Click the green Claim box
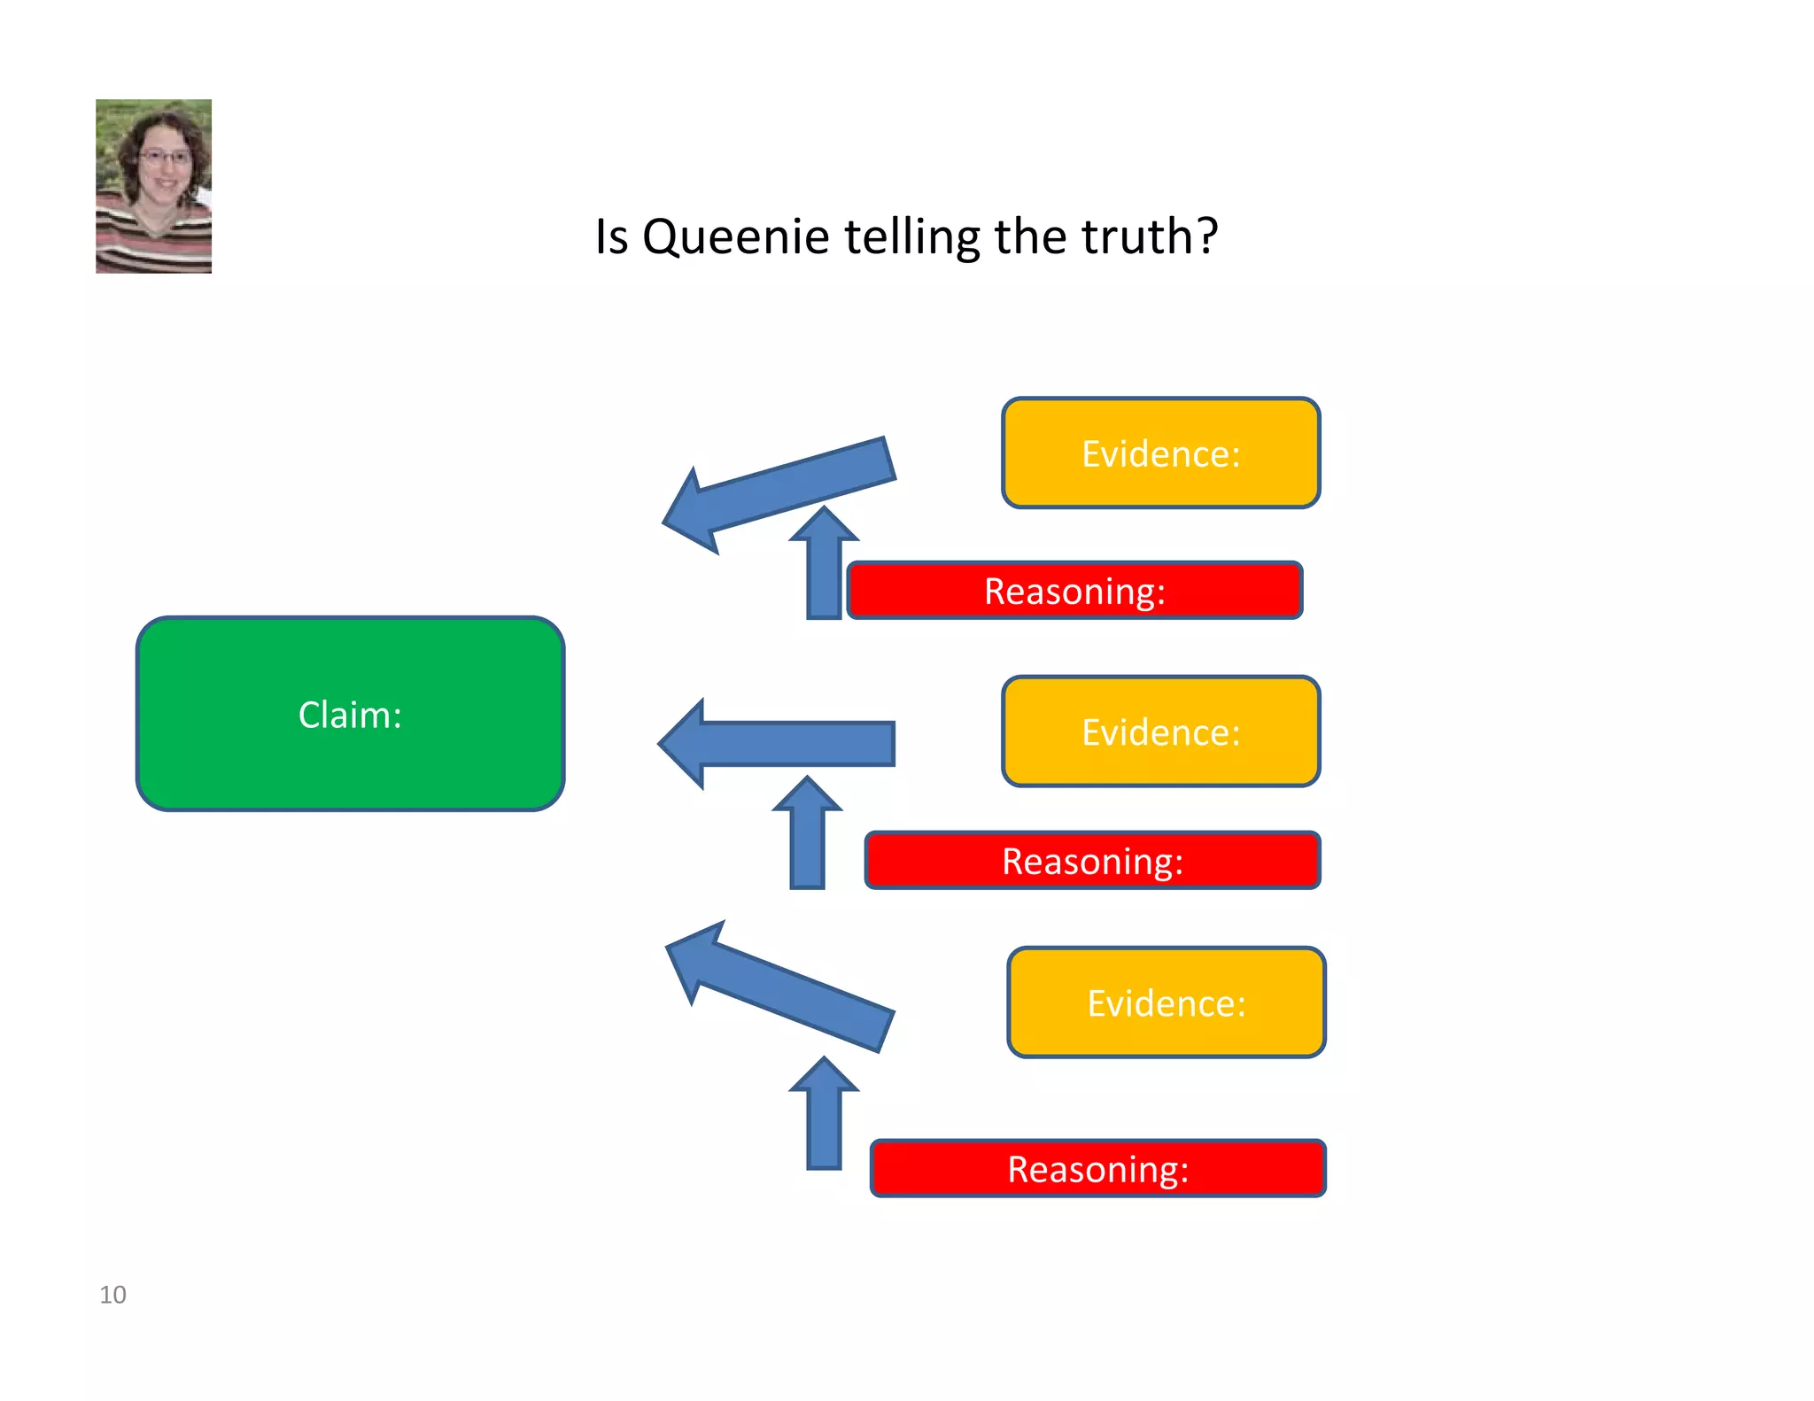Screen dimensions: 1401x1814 [350, 714]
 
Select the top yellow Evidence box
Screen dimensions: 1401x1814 [1160, 453]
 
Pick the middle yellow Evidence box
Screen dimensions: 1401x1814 [1160, 731]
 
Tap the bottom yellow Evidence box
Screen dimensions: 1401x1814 [1166, 1002]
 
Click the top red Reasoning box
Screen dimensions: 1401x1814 [1074, 591]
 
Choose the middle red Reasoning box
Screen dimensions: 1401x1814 [1092, 861]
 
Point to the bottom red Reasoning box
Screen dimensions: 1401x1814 [1097, 1169]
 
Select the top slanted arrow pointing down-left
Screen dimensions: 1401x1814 [779, 492]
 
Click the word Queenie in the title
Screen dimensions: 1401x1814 [735, 237]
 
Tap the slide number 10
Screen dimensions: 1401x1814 [112, 1295]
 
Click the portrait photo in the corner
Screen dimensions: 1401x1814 [153, 186]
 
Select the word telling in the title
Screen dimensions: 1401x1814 [912, 237]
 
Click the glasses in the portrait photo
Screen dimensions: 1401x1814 [165, 159]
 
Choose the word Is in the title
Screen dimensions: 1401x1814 [611, 236]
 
